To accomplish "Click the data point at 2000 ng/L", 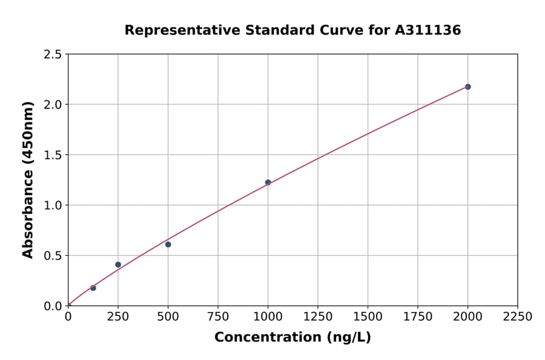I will [x=467, y=87].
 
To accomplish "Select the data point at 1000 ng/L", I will [x=268, y=182].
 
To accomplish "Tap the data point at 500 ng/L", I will [x=168, y=244].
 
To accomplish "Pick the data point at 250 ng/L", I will [x=118, y=265].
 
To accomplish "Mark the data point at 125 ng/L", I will [x=93, y=288].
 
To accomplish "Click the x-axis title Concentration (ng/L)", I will [x=292, y=338].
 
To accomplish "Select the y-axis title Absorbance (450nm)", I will [x=28, y=179].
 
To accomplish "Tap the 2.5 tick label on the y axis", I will [x=52, y=55].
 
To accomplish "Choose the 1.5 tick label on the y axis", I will [x=52, y=155].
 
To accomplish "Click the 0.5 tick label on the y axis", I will [x=52, y=256].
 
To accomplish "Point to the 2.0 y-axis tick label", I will [x=52, y=105].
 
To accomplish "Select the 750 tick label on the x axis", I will [x=218, y=316].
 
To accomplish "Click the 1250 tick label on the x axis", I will [x=318, y=316].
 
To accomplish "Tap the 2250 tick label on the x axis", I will [x=518, y=316].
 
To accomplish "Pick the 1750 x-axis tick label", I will [x=418, y=316].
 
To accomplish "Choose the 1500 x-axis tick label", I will [x=368, y=316].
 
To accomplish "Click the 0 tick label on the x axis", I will [x=68, y=316].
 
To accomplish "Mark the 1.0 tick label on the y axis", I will [x=52, y=205].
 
